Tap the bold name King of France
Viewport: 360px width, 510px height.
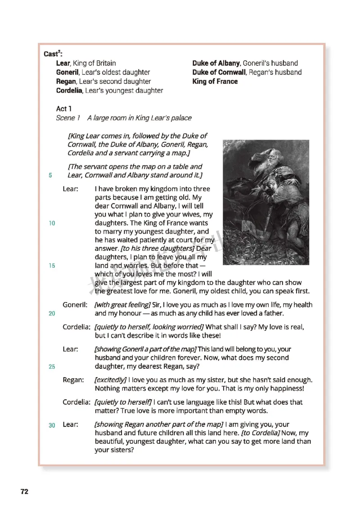215,81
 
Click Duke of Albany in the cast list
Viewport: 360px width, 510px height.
216,63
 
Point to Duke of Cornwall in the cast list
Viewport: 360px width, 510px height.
219,72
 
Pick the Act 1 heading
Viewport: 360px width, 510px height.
64,109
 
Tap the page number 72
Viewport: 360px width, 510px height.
24,492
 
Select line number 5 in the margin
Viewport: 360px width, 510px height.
50,176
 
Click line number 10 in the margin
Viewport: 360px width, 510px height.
52,223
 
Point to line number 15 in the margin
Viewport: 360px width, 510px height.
52,266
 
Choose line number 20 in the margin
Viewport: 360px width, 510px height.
52,314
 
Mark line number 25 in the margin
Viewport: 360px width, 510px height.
52,367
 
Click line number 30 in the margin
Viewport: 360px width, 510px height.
52,425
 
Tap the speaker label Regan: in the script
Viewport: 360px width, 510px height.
73,380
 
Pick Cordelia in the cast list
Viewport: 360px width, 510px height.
69,90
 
